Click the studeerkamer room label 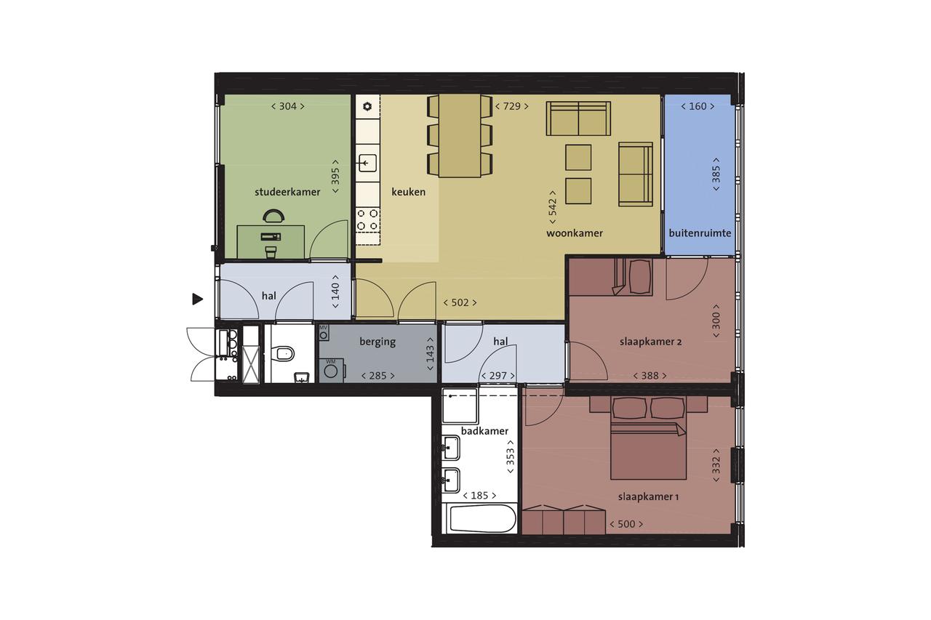[287, 192]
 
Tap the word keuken [409, 192]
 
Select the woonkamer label [575, 233]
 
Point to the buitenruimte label [700, 233]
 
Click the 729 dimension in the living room [511, 106]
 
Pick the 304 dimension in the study [287, 106]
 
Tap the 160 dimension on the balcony [698, 106]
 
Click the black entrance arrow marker [197, 299]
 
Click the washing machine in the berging [331, 371]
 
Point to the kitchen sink [368, 163]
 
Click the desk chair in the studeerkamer [274, 216]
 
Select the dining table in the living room [460, 136]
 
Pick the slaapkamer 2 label [650, 342]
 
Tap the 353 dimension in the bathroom [510, 456]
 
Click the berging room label [377, 342]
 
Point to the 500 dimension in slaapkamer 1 [626, 524]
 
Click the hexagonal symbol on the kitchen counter [367, 107]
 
